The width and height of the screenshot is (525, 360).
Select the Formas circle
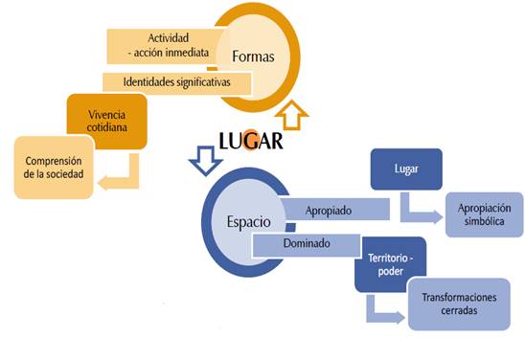pos(252,56)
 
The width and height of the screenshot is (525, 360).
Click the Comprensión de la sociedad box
pos(54,167)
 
